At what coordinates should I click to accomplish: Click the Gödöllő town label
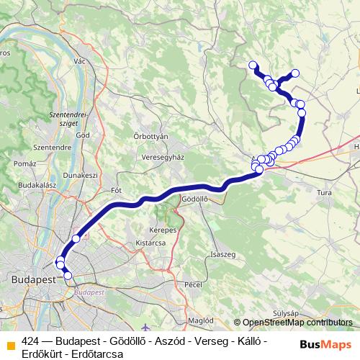[195, 199]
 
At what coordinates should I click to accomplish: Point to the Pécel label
[193, 284]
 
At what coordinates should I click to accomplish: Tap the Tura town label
[324, 193]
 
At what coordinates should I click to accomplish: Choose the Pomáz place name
[24, 164]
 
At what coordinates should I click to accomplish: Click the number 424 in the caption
[31, 341]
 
